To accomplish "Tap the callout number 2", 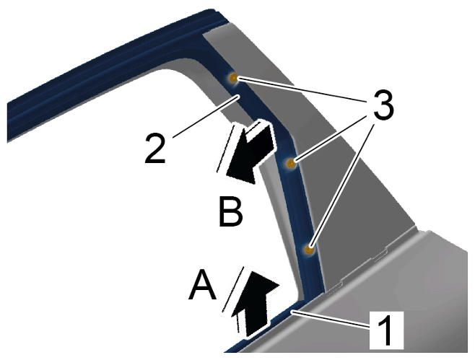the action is tap(155, 149).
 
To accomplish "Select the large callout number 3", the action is tap(383, 104).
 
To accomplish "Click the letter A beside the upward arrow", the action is tap(202, 285).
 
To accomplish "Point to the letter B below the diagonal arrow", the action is tap(231, 212).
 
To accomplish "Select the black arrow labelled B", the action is tap(247, 152).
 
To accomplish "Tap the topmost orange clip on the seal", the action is tap(233, 78).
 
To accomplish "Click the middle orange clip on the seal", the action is tap(291, 164).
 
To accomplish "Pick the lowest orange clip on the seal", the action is tap(309, 250).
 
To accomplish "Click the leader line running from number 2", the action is tap(206, 117).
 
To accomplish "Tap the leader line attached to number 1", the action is tap(330, 319).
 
